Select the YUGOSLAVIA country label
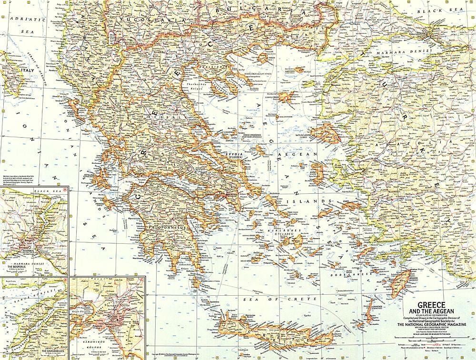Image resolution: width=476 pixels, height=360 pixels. [x=141, y=19]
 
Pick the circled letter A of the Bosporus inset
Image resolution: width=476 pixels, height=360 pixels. [x=65, y=190]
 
